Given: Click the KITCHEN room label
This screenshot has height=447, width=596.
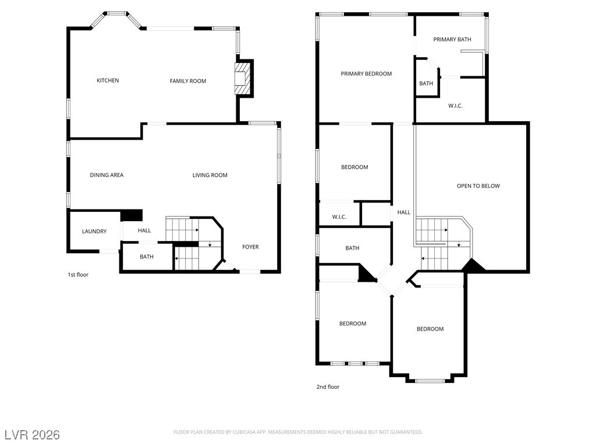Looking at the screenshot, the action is pyautogui.click(x=108, y=80).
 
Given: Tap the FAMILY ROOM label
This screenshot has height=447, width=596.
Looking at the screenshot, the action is pyautogui.click(x=188, y=81).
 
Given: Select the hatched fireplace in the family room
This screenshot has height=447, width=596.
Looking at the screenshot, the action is pyautogui.click(x=243, y=79).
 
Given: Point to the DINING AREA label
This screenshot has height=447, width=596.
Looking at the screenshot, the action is pyautogui.click(x=107, y=175).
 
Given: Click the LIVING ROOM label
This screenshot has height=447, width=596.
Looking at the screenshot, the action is pyautogui.click(x=210, y=175).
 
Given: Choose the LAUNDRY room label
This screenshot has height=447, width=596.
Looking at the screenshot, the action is pyautogui.click(x=94, y=232).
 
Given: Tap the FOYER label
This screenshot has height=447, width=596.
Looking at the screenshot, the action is pyautogui.click(x=250, y=247).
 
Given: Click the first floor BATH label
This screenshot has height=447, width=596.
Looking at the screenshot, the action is pyautogui.click(x=147, y=257).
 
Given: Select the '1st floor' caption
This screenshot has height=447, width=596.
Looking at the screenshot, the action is pyautogui.click(x=78, y=275).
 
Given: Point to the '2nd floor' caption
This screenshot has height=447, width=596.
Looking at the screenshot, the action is pyautogui.click(x=328, y=387).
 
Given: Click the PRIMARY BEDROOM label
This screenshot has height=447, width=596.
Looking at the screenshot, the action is pyautogui.click(x=366, y=74).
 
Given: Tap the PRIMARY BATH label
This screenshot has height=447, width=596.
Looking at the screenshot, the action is pyautogui.click(x=452, y=40).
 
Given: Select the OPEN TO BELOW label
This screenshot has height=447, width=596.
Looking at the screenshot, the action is pyautogui.click(x=478, y=186).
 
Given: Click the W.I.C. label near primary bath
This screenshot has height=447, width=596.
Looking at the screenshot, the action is pyautogui.click(x=455, y=106).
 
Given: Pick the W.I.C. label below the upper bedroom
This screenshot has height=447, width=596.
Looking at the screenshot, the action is pyautogui.click(x=339, y=217).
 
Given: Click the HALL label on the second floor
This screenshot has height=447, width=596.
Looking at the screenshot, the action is pyautogui.click(x=404, y=212).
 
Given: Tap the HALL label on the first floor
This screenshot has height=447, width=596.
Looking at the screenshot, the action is pyautogui.click(x=144, y=230).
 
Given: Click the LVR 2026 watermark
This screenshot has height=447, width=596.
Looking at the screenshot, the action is pyautogui.click(x=33, y=435).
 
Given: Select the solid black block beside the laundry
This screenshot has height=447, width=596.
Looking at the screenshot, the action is pyautogui.click(x=132, y=215).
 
